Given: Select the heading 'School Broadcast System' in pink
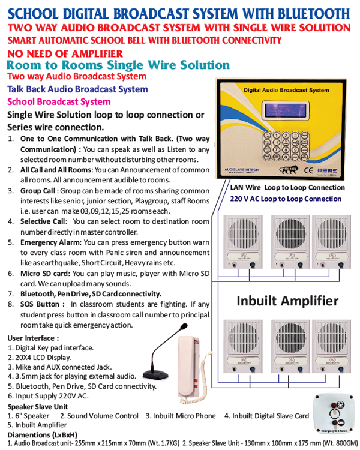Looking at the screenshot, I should point(58,101).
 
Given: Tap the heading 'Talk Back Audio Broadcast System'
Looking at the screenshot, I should point(77,89).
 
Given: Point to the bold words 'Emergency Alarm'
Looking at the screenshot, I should point(50,242).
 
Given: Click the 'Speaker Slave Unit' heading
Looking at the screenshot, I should point(37,406).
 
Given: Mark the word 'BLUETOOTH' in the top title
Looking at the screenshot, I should point(307,13).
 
